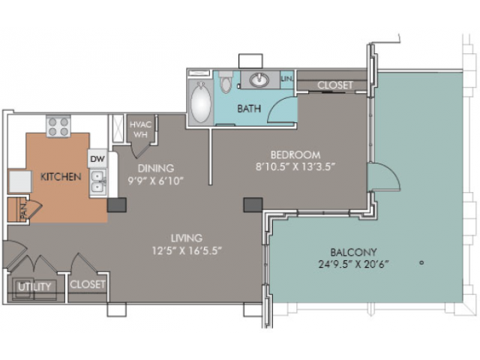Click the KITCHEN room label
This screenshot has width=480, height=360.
[61, 177]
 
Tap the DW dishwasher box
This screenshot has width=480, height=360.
[97, 158]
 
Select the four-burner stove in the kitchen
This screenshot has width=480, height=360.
[58, 127]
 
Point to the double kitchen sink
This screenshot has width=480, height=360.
[98, 182]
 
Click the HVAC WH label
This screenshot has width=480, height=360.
[140, 130]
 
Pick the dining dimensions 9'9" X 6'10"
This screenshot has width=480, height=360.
[155, 181]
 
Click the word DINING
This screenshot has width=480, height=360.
[156, 168]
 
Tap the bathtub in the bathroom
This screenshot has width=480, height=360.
[201, 103]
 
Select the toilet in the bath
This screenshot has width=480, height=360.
[226, 82]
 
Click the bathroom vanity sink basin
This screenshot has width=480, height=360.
[259, 80]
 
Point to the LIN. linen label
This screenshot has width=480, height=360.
[286, 79]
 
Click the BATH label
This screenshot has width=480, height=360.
[249, 108]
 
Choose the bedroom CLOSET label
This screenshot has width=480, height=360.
[335, 85]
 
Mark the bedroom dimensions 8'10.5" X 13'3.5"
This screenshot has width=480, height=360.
[295, 166]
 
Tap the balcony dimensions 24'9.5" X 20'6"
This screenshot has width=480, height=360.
[353, 264]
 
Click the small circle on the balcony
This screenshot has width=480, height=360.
[421, 262]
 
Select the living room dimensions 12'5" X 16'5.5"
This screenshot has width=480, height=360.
[187, 250]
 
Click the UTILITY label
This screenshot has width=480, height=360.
[34, 286]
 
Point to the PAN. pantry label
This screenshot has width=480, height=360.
[24, 210]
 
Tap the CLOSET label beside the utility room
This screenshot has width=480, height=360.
[88, 284]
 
